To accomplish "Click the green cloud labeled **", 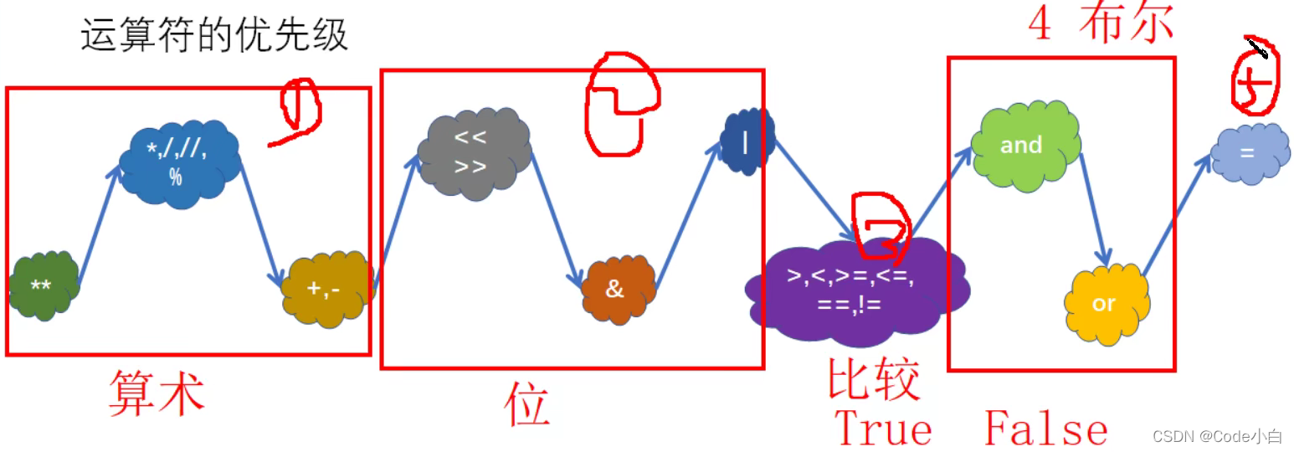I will (44, 285).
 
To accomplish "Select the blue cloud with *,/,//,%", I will (178, 162).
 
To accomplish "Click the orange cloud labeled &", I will (618, 290).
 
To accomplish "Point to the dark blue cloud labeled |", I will (747, 143).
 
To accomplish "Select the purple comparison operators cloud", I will (855, 289).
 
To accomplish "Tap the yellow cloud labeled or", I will (1105, 302).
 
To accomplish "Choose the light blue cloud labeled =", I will (1248, 153).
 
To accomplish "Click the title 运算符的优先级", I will (213, 36).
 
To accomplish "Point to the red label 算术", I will (157, 393).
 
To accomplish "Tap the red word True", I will (884, 429).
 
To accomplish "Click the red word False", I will (1046, 429).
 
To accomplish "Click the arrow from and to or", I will (1093, 205).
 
